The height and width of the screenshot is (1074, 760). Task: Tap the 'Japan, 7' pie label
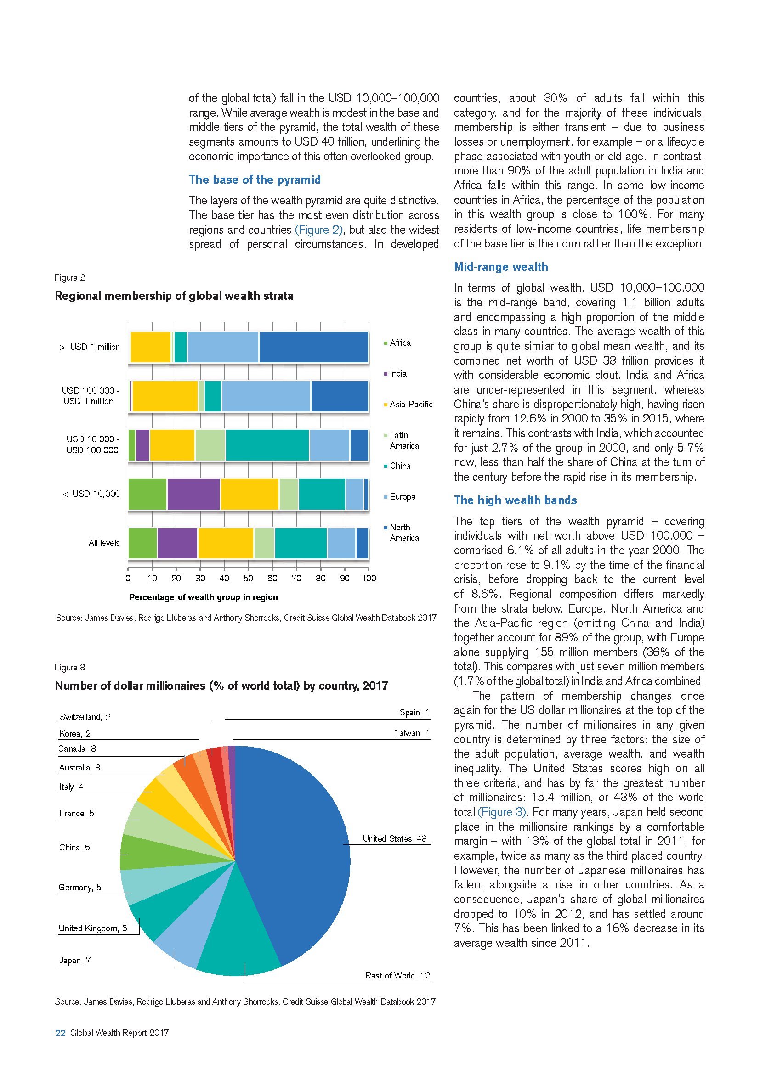75,960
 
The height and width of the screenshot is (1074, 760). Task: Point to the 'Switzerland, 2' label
85,717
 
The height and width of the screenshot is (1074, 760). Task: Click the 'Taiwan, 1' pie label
411,733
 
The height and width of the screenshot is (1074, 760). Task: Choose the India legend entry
398,373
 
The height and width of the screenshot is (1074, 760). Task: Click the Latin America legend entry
404,440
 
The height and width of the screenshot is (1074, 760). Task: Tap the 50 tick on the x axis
248,578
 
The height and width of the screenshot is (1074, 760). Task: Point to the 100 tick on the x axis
369,578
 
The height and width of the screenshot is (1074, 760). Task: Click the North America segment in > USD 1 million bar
313,347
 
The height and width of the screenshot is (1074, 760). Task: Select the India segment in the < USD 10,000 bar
193,494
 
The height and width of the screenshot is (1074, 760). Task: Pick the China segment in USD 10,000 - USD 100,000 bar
267,444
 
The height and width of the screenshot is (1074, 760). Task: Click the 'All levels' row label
104,543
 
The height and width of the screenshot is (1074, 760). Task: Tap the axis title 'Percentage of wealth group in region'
203,597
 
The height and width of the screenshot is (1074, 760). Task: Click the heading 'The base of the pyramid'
255,180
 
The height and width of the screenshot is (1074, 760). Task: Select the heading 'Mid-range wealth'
501,267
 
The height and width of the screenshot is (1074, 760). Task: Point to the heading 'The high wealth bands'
515,500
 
